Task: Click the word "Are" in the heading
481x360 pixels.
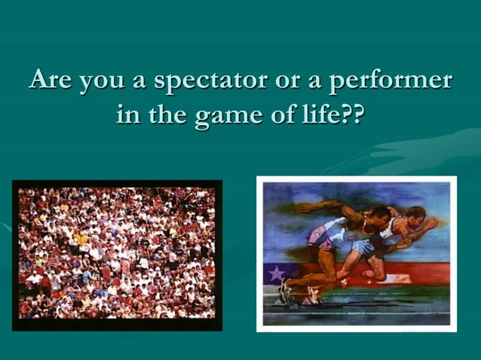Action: tap(51, 81)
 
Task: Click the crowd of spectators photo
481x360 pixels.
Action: tap(117, 255)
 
